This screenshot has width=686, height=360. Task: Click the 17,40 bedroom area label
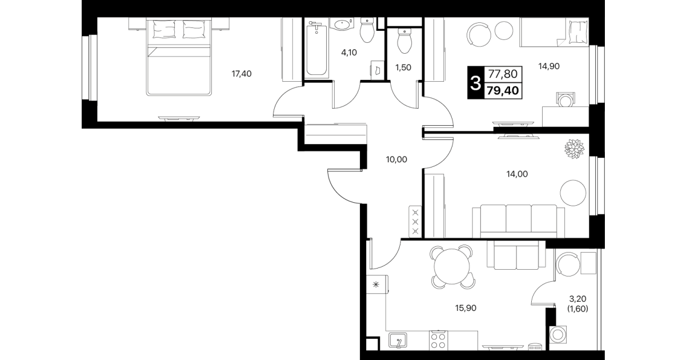(x=242, y=74)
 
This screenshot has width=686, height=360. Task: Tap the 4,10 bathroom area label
(x=349, y=53)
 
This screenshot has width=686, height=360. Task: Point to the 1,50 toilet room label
(x=403, y=67)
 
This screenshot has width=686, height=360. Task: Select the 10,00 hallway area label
(x=396, y=159)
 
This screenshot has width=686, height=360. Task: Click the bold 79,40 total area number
(x=503, y=91)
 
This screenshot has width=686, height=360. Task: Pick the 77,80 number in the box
(x=503, y=74)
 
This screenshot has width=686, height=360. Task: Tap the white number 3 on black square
(x=475, y=83)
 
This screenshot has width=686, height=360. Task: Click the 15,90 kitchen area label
(x=466, y=308)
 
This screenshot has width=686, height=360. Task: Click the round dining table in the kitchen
(x=452, y=266)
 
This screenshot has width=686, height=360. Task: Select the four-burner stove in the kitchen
(x=438, y=340)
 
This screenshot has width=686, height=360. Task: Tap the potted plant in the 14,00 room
(x=574, y=149)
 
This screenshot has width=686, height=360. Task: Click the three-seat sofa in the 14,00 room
(x=519, y=221)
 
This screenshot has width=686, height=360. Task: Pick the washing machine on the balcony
(x=557, y=334)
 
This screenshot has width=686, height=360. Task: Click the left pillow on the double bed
(x=164, y=29)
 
